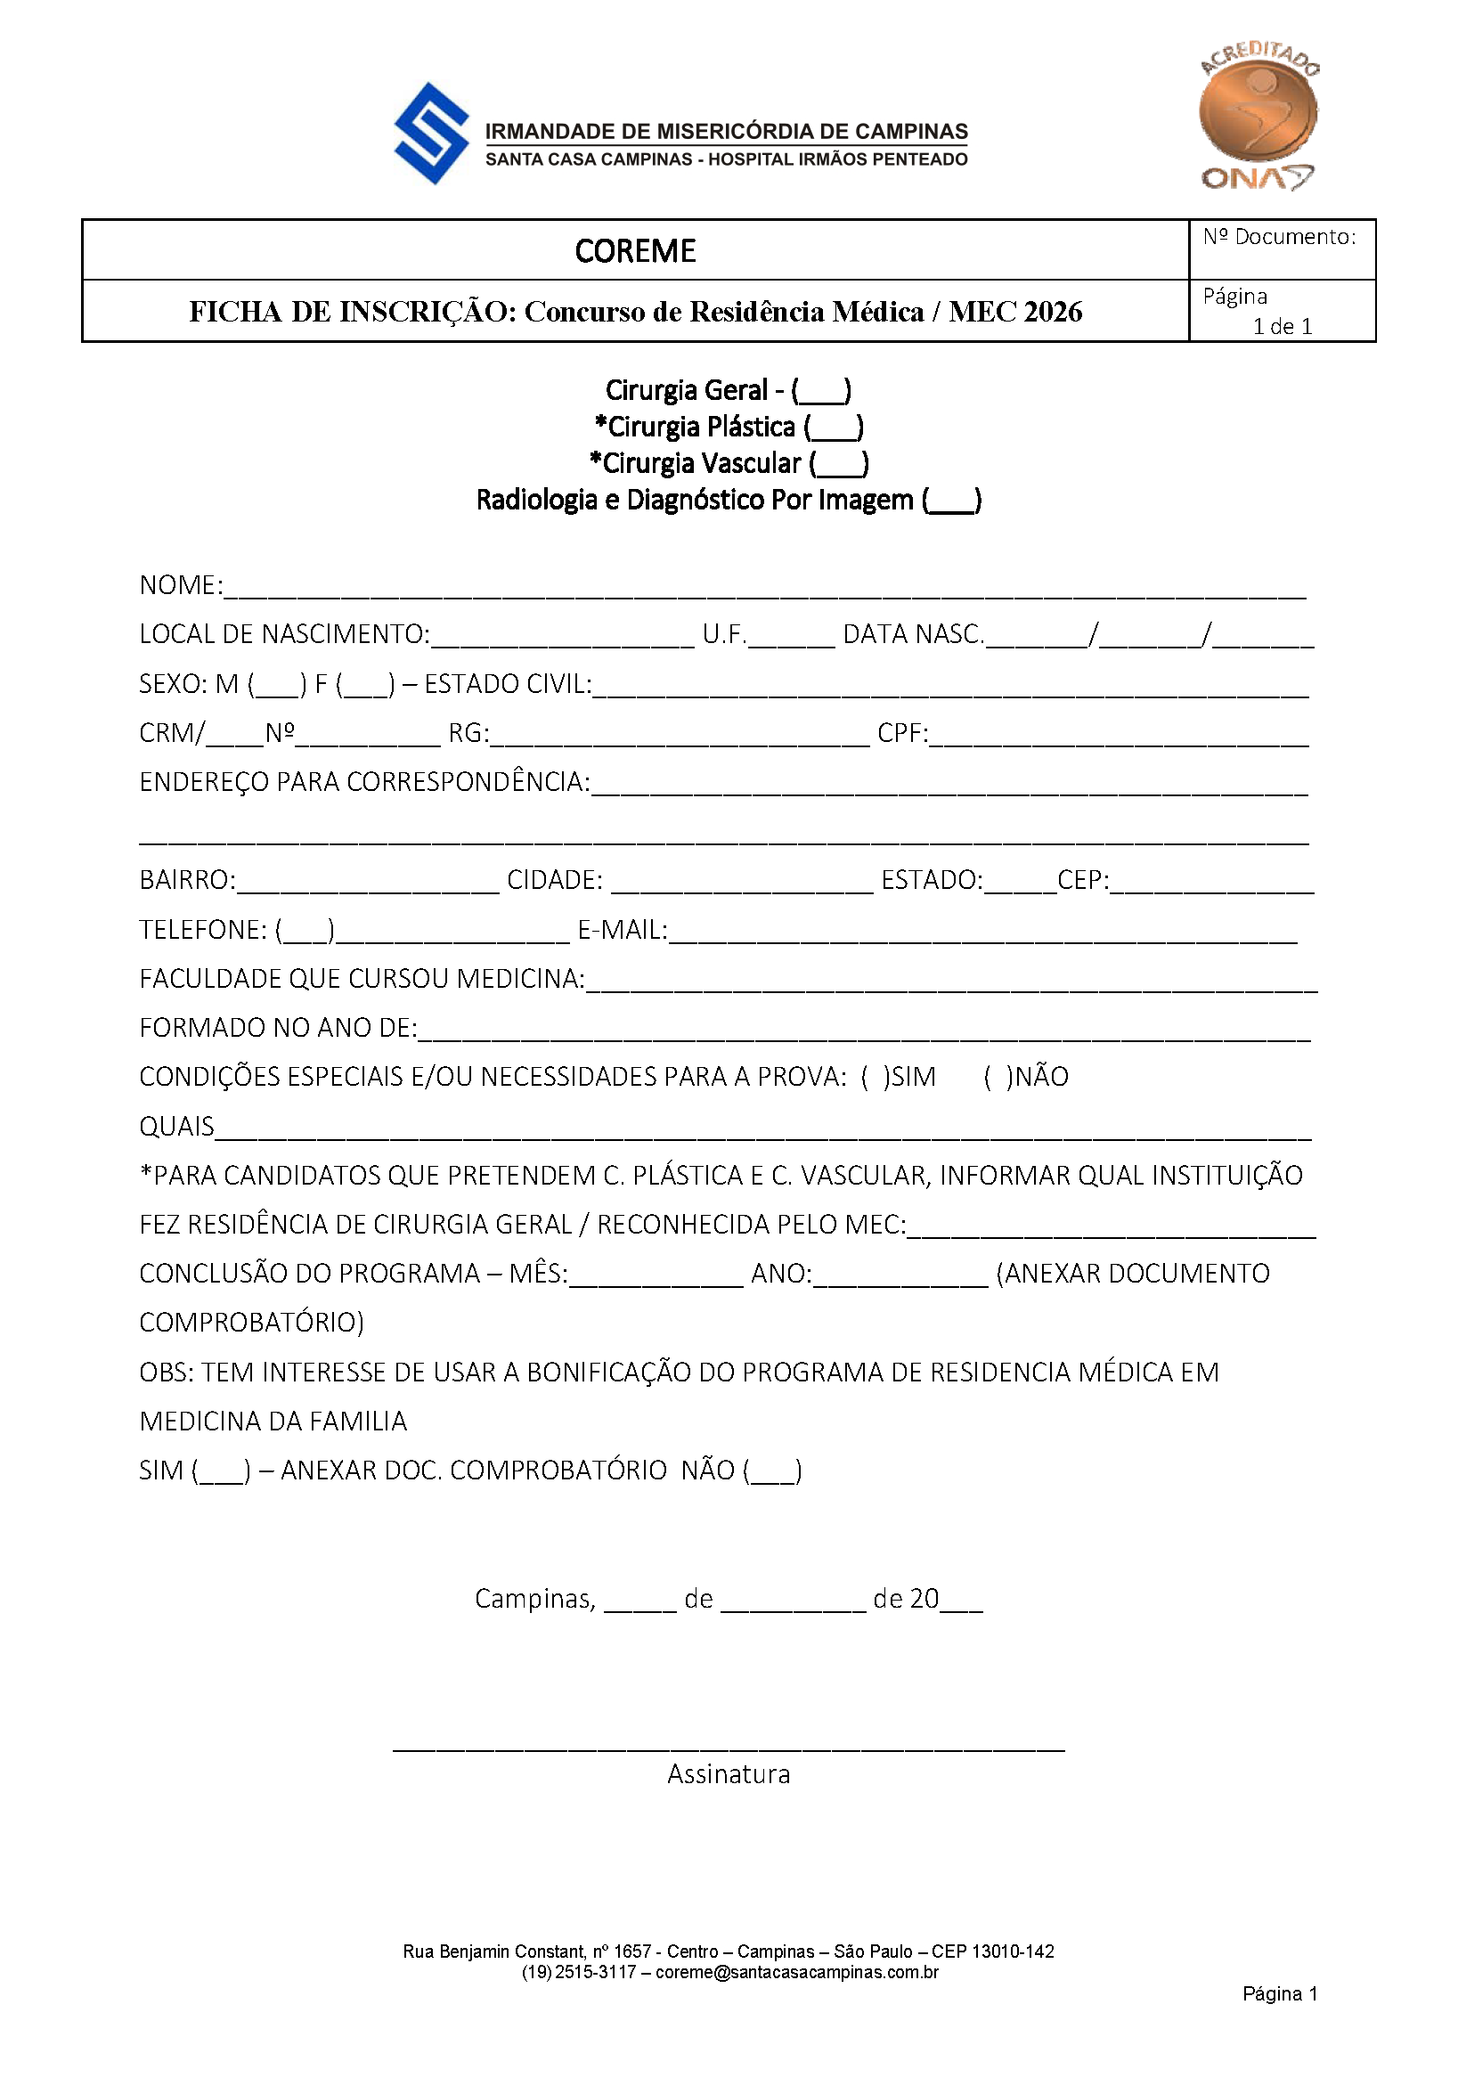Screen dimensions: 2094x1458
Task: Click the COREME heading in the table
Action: (x=635, y=251)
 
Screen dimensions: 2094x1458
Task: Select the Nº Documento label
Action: (x=1278, y=237)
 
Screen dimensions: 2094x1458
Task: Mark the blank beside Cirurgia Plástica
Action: (x=835, y=428)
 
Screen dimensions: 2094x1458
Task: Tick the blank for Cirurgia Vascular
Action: (x=839, y=464)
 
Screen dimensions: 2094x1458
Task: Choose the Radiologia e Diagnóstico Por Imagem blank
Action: (x=952, y=501)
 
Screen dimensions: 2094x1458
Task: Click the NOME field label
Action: (x=180, y=585)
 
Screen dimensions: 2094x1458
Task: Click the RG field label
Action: (x=468, y=733)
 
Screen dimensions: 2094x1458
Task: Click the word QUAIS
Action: (x=176, y=1127)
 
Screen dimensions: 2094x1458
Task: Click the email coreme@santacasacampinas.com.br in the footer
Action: (x=797, y=1972)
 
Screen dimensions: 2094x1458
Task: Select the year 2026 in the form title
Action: (x=1053, y=312)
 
